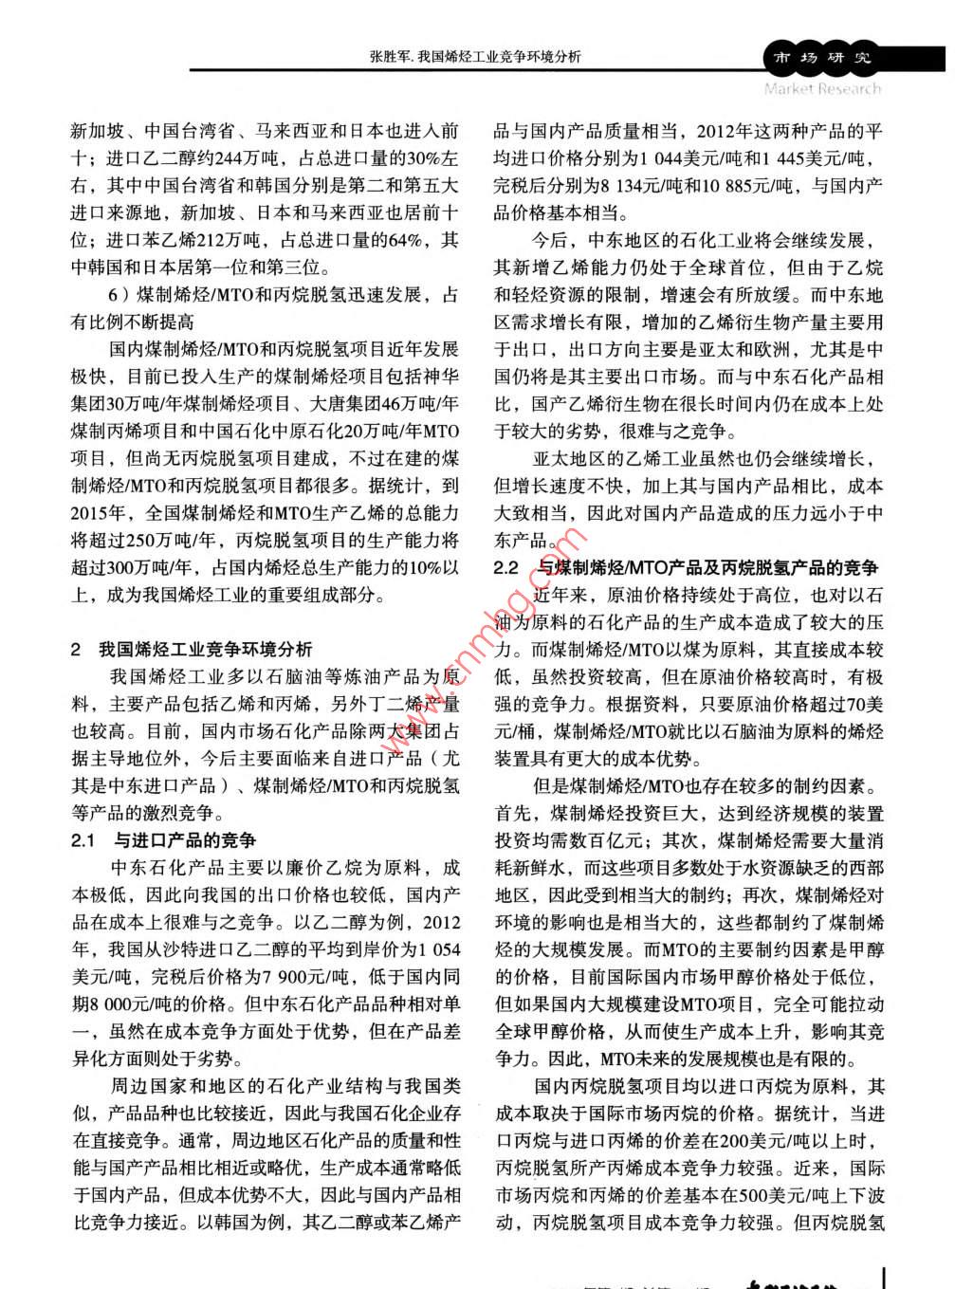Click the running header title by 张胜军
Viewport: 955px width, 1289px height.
[x=474, y=57]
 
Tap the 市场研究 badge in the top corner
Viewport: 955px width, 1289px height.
[x=821, y=59]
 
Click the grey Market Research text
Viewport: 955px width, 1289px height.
[x=822, y=89]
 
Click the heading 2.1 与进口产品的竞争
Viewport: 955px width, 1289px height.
[x=164, y=840]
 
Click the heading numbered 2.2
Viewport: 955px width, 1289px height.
[x=687, y=568]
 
